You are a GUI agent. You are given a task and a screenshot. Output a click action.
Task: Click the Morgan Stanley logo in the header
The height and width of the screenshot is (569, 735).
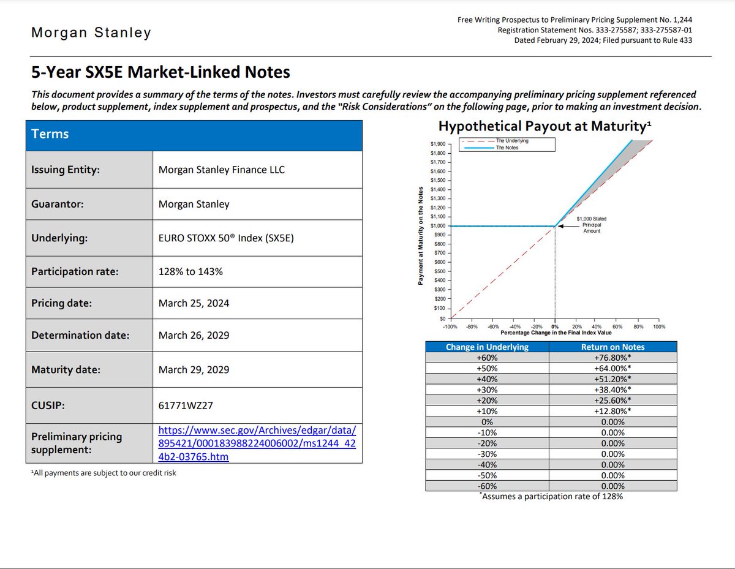91,33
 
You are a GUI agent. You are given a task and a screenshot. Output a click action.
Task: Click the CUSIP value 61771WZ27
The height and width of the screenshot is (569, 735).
186,405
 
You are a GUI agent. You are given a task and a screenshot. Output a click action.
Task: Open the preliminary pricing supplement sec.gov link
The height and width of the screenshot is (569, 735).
257,443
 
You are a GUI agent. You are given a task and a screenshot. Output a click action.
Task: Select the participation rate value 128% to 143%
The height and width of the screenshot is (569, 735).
190,271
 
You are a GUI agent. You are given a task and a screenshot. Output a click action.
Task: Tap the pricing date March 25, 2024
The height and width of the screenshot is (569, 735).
194,303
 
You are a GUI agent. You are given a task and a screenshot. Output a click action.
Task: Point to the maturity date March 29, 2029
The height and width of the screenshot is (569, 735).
194,369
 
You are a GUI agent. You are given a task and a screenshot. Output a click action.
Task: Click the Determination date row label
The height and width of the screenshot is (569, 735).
80,335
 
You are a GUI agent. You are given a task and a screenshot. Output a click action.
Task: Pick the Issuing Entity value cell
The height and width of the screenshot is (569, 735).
257,170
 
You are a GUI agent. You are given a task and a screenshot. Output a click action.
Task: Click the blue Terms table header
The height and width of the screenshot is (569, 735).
194,135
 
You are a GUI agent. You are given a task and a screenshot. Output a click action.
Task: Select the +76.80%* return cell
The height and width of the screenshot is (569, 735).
612,357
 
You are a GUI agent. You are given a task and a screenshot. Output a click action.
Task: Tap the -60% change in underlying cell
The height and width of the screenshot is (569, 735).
487,486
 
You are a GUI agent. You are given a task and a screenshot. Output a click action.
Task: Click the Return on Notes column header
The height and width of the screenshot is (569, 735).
612,347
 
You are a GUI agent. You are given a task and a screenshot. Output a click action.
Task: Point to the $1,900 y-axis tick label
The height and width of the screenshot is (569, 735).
438,144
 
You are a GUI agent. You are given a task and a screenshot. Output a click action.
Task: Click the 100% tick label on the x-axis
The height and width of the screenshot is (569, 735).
659,326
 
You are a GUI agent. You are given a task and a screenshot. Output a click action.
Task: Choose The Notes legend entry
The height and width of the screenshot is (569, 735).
491,148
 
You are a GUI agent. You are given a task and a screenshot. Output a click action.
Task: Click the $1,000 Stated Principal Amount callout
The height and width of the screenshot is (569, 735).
591,225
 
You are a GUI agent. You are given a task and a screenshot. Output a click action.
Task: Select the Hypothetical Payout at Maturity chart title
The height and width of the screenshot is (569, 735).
545,126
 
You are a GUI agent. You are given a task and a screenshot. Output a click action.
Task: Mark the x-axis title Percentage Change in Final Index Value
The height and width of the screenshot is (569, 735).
556,333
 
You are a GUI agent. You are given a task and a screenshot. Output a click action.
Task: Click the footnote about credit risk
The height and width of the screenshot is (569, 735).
104,473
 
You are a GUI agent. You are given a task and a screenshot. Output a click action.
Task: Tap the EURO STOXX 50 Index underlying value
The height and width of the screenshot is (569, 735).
226,238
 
